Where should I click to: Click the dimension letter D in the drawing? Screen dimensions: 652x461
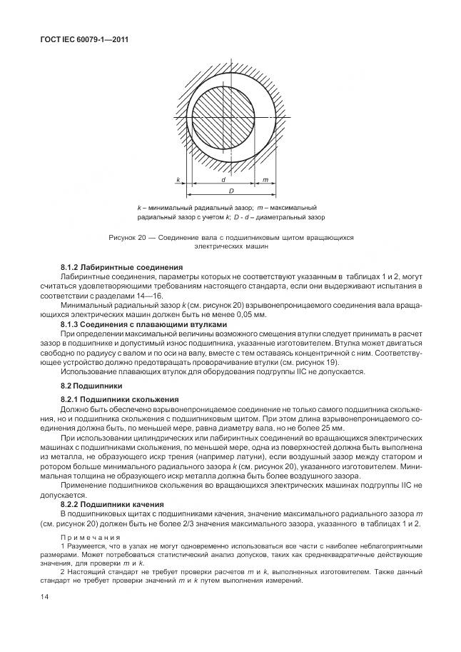[x=231, y=191]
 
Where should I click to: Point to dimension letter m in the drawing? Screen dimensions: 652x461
[x=265, y=181]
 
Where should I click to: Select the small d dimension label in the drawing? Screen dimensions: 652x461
[x=224, y=181]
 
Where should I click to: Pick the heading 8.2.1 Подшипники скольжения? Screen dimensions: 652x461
[x=118, y=398]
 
